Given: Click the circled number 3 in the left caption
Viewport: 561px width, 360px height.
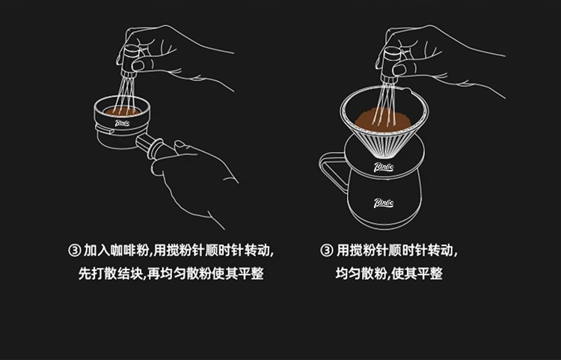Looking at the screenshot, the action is coord(74,250).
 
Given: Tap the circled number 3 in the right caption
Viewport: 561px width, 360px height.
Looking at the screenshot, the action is coord(326,250).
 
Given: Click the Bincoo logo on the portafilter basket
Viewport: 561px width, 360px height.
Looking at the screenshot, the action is coord(122,123).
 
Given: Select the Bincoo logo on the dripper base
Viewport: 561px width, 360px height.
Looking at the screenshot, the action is coord(384,167).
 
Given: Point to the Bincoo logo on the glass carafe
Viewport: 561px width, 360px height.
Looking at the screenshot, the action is coord(384,203).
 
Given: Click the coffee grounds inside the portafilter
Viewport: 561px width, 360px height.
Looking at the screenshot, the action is coord(122,112).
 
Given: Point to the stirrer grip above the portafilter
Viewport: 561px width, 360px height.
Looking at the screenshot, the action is coord(130,61).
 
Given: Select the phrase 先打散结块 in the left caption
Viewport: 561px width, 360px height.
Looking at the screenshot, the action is coord(111,274).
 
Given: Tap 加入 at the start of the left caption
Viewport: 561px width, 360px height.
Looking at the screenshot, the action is coord(96,250).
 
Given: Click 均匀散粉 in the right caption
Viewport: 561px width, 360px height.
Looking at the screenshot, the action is coord(361,274).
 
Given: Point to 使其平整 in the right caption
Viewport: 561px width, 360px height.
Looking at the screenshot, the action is coord(417,274).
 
